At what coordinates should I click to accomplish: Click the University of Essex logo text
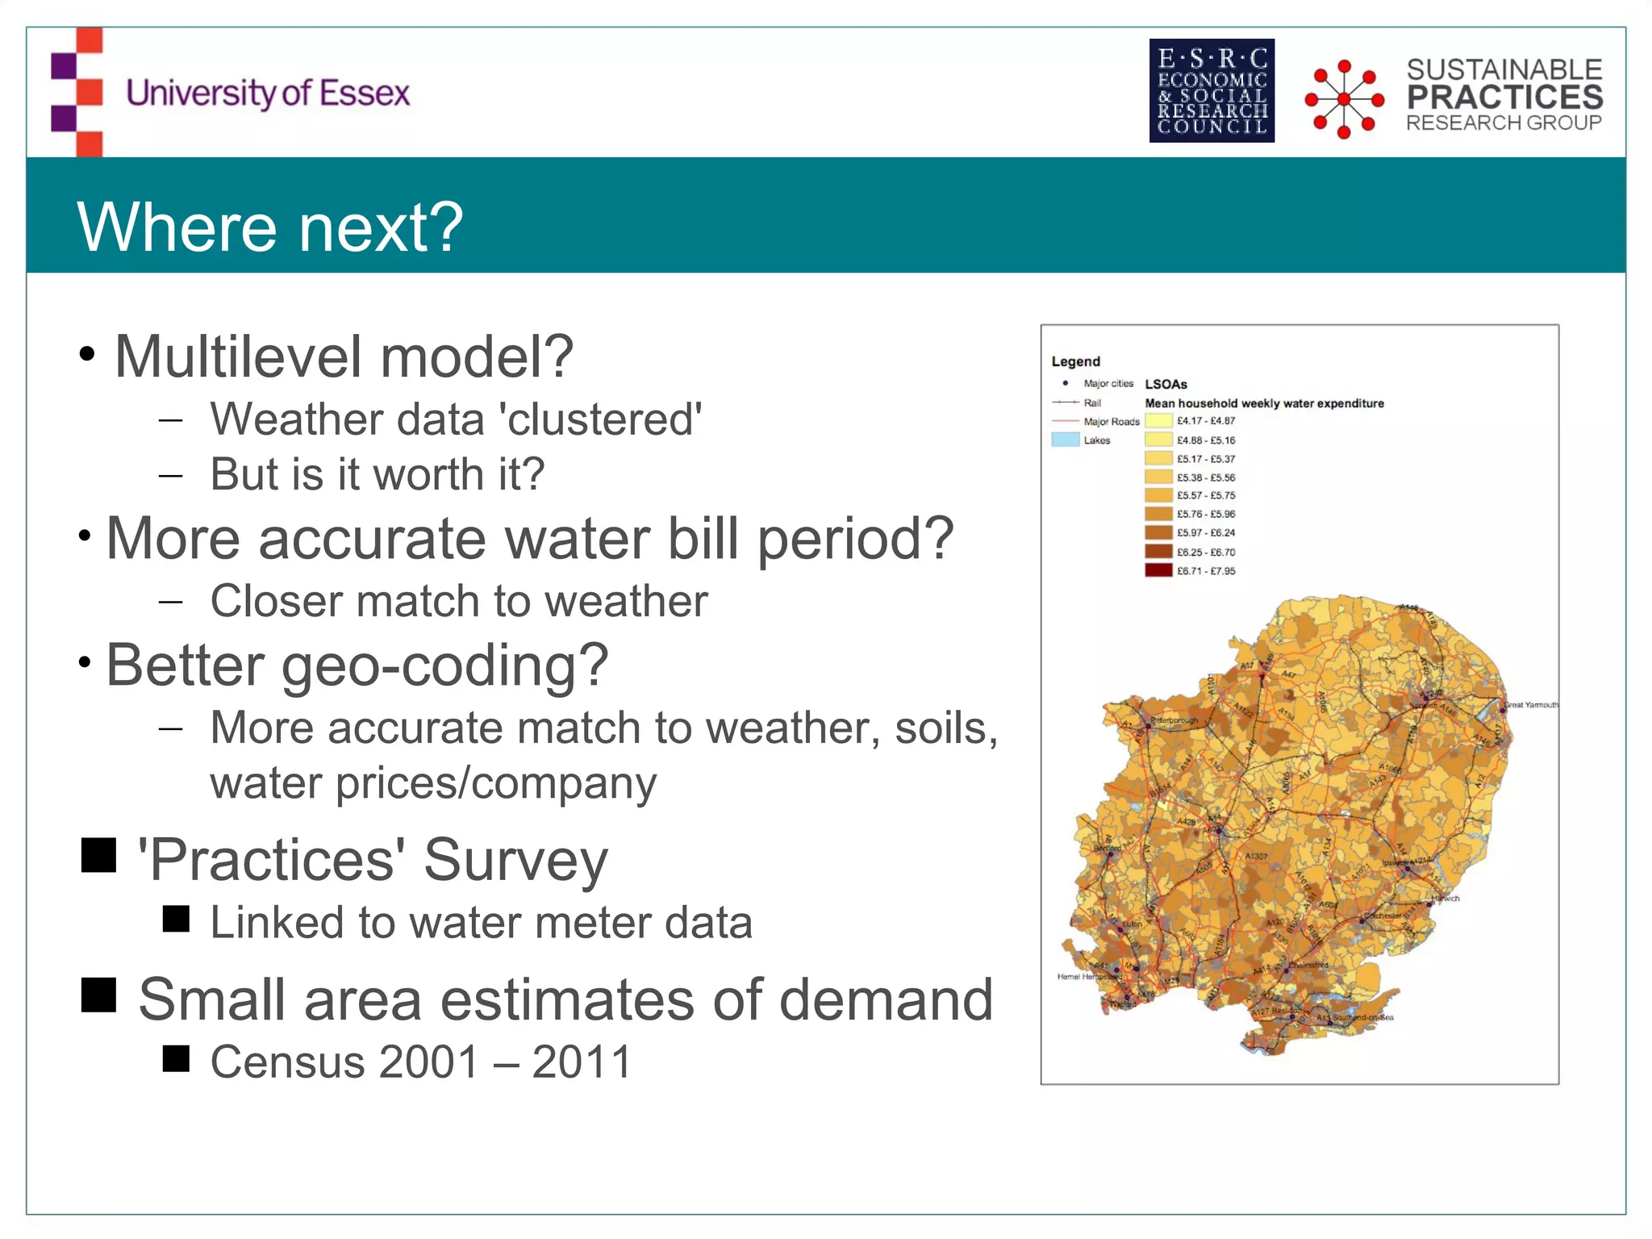pyautogui.click(x=268, y=94)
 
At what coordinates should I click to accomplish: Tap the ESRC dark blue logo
pyautogui.click(x=1212, y=90)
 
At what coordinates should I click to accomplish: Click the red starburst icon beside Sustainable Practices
pyautogui.click(x=1344, y=98)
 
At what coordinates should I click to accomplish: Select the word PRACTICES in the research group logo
pyautogui.click(x=1504, y=97)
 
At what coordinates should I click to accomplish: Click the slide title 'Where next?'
pyautogui.click(x=269, y=227)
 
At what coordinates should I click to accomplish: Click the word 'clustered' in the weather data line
pyautogui.click(x=601, y=419)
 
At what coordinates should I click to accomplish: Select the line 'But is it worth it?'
pyautogui.click(x=377, y=474)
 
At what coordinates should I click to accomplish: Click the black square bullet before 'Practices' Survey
pyautogui.click(x=98, y=855)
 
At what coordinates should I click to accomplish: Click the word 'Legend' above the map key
pyautogui.click(x=1075, y=361)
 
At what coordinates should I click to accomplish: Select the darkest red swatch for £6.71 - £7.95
pyautogui.click(x=1158, y=570)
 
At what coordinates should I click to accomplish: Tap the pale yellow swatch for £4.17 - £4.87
pyautogui.click(x=1158, y=420)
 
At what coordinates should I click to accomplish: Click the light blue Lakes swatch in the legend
pyautogui.click(x=1065, y=440)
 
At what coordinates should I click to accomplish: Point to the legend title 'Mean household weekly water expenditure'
pyautogui.click(x=1264, y=403)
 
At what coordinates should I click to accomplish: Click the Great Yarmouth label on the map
pyautogui.click(x=1530, y=705)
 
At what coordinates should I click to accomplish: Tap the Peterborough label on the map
pyautogui.click(x=1174, y=720)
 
